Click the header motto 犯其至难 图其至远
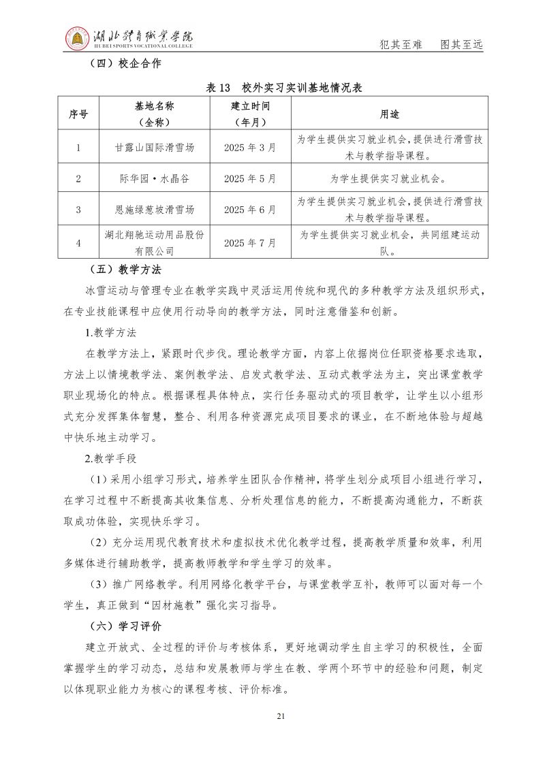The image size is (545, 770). pos(430,45)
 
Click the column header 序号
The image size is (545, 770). pos(78,114)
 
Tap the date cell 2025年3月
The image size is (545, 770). pos(250,147)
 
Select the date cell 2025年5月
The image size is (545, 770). pos(250,179)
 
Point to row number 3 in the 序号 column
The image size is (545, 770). pos(78,210)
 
